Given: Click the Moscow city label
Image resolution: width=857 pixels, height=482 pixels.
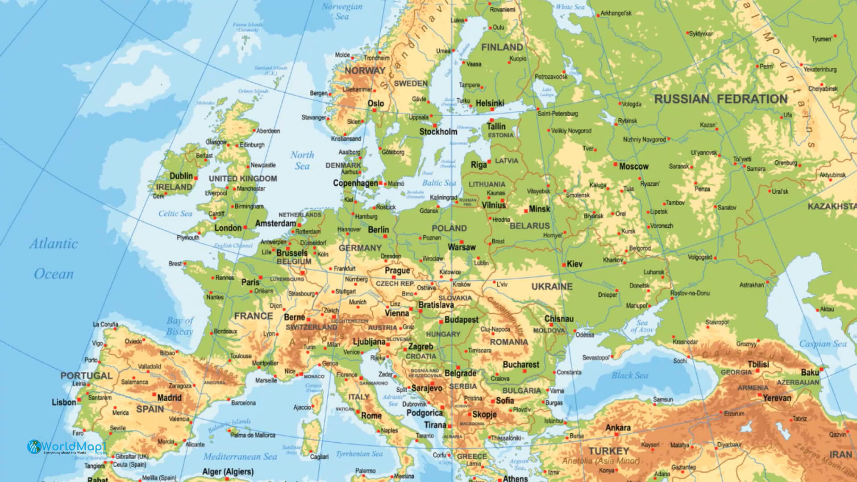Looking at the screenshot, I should (633, 166).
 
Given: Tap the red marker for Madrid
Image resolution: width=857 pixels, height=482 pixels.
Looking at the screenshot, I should (154, 395).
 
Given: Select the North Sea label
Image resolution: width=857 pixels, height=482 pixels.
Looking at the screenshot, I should (302, 160).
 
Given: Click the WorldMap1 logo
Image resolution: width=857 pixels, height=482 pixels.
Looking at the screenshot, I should (67, 447).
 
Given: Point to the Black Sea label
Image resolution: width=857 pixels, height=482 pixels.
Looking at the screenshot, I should (629, 375).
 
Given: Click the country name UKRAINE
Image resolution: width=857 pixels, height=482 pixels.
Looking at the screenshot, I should (552, 287).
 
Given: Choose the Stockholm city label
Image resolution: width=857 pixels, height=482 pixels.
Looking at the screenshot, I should (438, 132).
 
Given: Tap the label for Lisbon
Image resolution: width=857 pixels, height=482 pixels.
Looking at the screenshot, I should (64, 402).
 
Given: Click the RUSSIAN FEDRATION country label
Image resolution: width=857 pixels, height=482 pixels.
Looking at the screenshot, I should (720, 99).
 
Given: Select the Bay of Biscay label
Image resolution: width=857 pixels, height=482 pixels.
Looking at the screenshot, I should (180, 326).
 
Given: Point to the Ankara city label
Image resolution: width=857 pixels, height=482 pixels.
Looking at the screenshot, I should (618, 428).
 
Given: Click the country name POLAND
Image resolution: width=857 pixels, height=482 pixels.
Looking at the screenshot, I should (449, 228).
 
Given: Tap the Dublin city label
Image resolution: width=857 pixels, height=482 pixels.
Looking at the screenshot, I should (181, 176).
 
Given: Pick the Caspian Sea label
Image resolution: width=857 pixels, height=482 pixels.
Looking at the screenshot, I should (822, 344).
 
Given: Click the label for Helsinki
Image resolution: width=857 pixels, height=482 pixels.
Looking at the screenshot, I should (490, 103).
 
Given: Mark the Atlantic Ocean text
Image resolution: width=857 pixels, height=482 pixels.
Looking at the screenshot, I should (54, 259).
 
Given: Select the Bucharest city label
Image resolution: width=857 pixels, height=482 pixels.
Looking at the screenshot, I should (521, 365).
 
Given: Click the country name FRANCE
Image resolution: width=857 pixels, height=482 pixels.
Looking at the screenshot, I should (253, 316).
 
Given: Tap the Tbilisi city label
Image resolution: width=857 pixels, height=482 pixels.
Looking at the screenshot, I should (758, 364).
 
